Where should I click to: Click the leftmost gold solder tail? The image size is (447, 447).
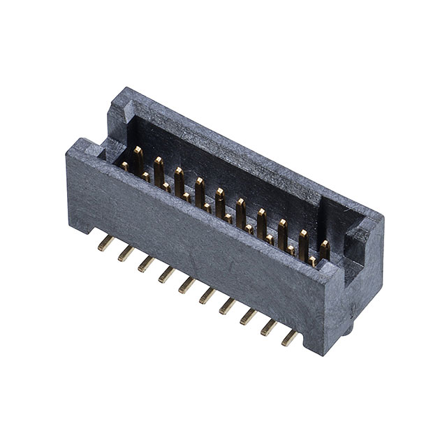click(x=105, y=242)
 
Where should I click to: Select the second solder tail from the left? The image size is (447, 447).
click(x=126, y=253)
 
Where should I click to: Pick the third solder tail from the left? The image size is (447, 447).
click(x=146, y=263)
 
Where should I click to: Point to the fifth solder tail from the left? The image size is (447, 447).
click(x=186, y=285)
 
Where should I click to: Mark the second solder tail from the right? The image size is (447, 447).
click(x=269, y=328)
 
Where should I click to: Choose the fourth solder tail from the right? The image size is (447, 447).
click(x=228, y=307)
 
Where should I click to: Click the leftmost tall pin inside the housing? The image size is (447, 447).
click(x=138, y=157)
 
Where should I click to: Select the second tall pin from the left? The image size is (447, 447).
click(x=159, y=168)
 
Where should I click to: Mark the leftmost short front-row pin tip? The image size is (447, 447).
click(x=125, y=166)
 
